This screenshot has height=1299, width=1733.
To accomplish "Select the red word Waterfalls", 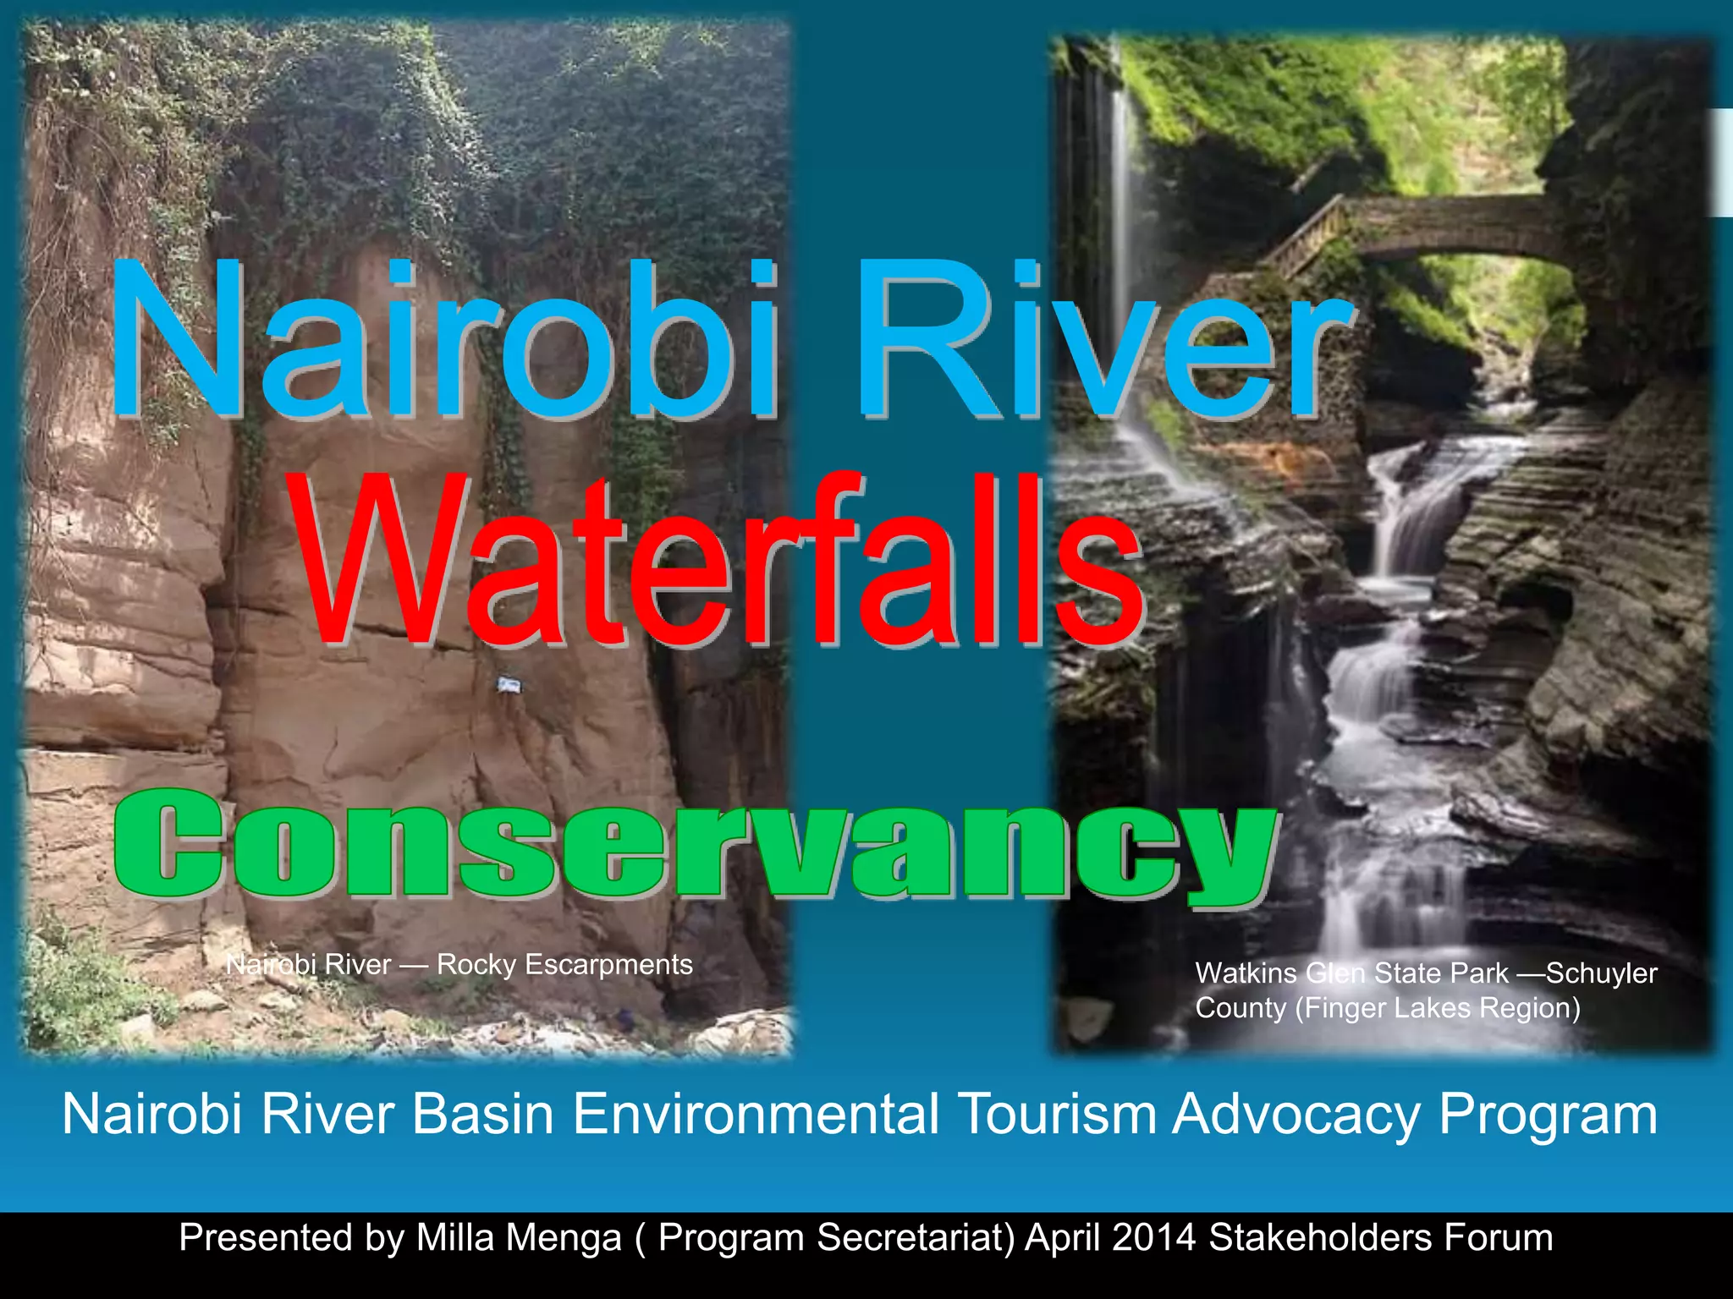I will coord(719,562).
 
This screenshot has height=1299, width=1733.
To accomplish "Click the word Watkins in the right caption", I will coord(1246,973).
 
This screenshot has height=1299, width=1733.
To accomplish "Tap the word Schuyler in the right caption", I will coord(1601,973).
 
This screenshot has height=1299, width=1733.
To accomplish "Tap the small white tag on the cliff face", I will coord(508,684).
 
